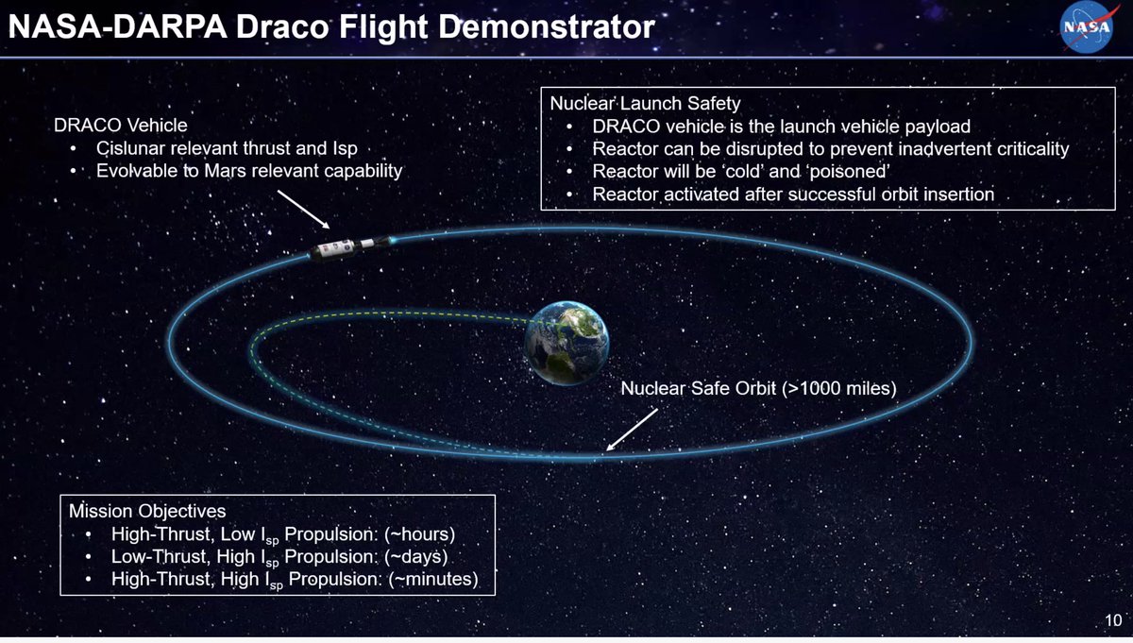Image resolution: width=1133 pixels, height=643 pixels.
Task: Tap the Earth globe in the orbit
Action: tap(566, 343)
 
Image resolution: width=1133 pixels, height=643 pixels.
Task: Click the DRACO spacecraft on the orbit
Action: tap(350, 247)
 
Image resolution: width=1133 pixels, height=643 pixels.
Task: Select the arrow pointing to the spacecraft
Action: tap(303, 210)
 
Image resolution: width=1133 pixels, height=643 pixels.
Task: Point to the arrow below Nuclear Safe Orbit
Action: tap(632, 430)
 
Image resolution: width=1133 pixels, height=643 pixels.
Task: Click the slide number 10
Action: tap(1113, 620)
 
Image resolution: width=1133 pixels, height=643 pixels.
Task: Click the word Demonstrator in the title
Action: tap(547, 26)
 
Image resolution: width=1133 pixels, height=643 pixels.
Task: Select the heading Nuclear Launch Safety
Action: tap(645, 103)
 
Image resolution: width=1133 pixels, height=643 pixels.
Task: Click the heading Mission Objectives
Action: tap(147, 511)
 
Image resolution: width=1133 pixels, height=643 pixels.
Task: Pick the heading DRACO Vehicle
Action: tap(121, 125)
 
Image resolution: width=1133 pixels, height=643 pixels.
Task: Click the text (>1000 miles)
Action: tap(839, 388)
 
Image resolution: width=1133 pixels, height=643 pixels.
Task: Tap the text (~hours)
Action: tap(419, 534)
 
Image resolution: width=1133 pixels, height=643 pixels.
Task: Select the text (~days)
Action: tap(415, 556)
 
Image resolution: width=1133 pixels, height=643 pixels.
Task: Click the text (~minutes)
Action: tap(433, 579)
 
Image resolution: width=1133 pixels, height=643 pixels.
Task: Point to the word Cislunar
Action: tap(130, 148)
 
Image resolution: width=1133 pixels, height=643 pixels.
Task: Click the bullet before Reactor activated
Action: tap(569, 194)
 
